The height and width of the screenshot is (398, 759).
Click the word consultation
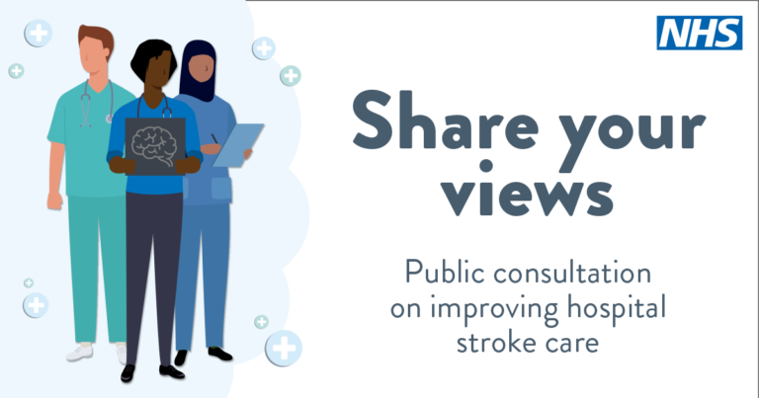[x=576, y=272]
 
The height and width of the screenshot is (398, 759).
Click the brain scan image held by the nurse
[x=154, y=145]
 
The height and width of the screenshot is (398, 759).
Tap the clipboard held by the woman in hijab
[x=238, y=144]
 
